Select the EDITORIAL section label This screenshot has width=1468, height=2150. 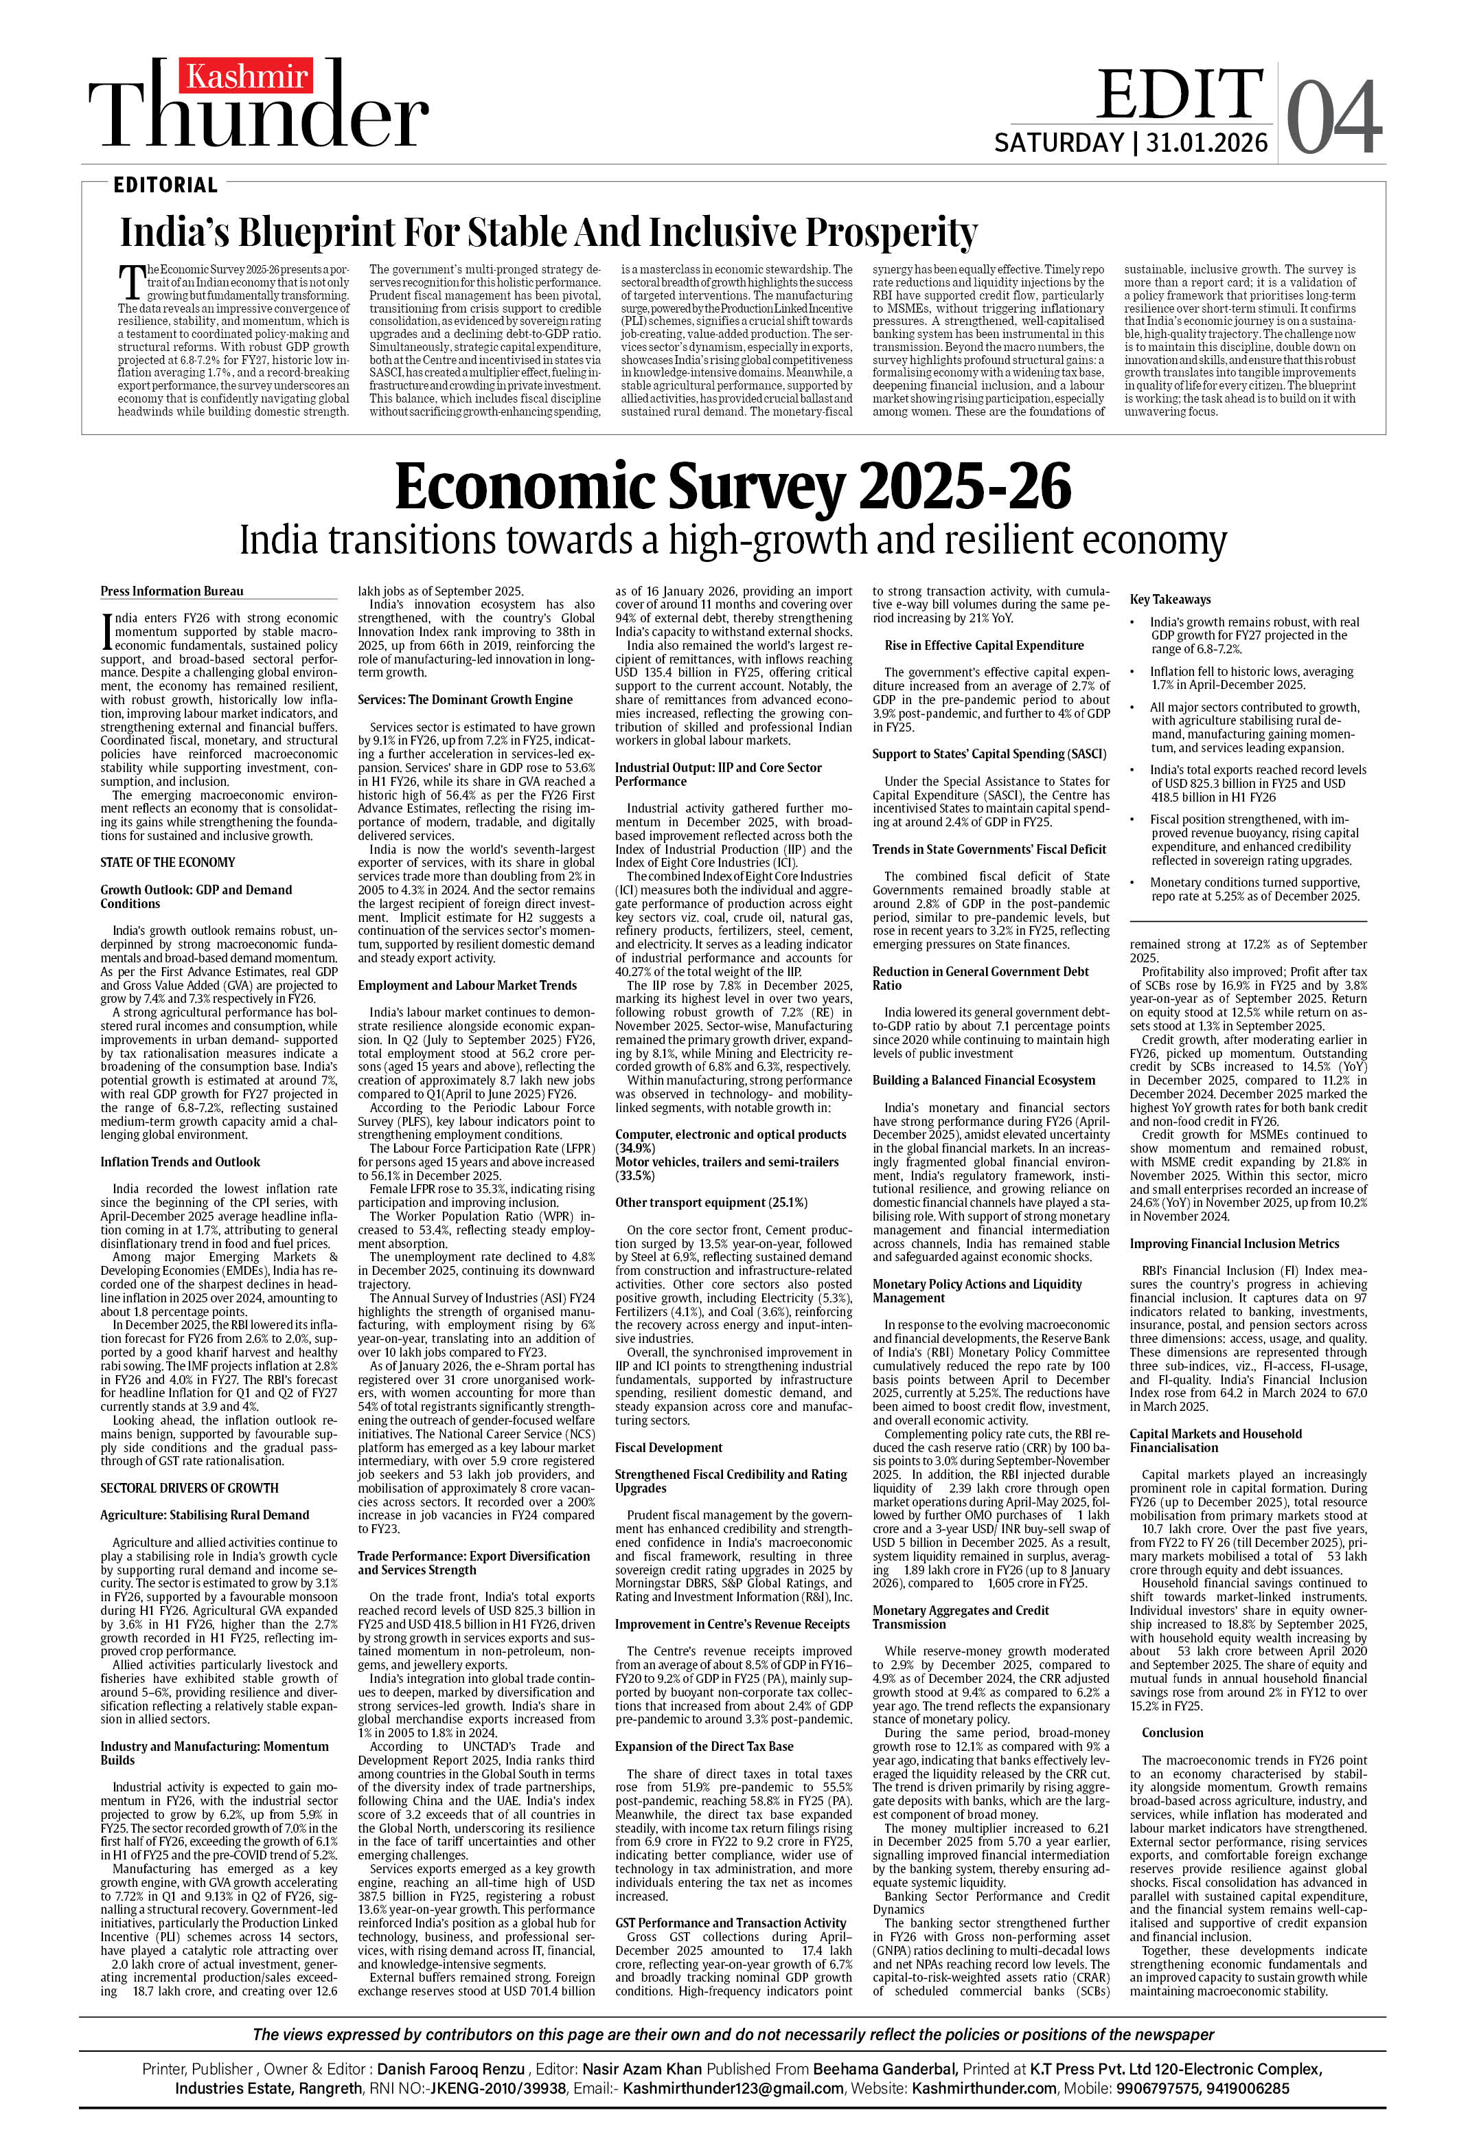(x=165, y=185)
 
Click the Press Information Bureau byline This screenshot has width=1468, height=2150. (x=172, y=591)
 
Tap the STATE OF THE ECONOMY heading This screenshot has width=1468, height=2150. (x=168, y=862)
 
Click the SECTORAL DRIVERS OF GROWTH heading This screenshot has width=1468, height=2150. (x=190, y=1489)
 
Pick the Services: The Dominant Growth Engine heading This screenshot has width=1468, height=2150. (x=466, y=699)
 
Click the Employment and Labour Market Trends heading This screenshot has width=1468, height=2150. (x=467, y=985)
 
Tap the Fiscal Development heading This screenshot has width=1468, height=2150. (x=669, y=1448)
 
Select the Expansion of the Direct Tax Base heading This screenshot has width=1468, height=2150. (x=704, y=1747)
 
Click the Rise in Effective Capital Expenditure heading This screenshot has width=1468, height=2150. (x=984, y=646)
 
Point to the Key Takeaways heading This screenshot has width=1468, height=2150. (x=1170, y=600)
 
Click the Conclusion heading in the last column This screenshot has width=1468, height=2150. (x=1172, y=1733)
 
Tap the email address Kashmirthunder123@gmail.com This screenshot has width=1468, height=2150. (x=733, y=2088)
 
